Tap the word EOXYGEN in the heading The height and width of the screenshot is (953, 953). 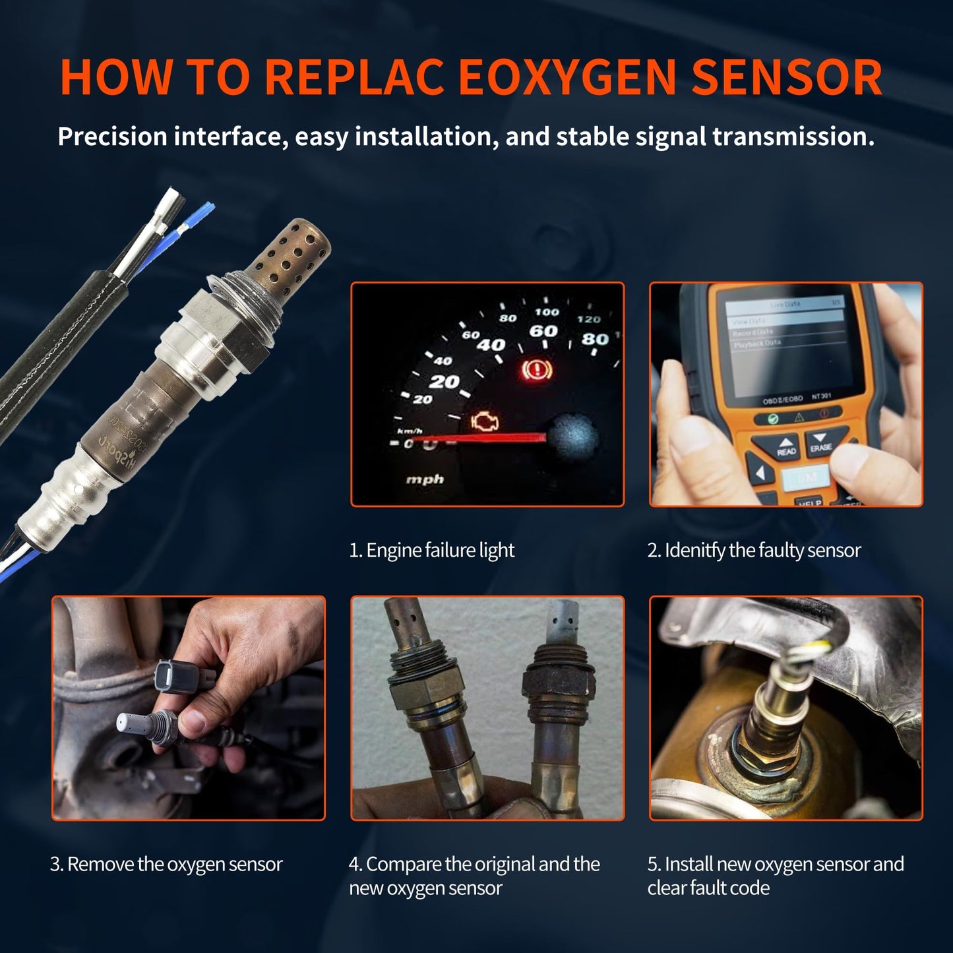coord(567,78)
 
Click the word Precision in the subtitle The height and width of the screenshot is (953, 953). coord(112,137)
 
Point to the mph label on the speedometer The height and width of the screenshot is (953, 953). coord(425,479)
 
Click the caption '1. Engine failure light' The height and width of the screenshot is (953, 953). coord(431,550)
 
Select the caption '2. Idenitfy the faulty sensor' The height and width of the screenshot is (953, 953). coord(754,550)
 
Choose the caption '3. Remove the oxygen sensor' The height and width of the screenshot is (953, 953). coord(166,864)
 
